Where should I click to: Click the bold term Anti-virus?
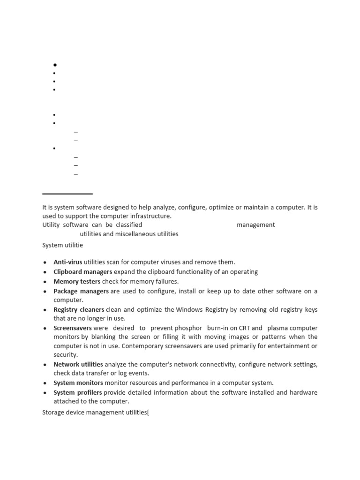tap(67, 262)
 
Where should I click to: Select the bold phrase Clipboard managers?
tap(82, 272)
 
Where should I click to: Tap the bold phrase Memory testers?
tap(76, 282)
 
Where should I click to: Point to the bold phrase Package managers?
tap(81, 291)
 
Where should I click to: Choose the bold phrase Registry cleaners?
tap(79, 310)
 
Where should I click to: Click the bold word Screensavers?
tap(73, 328)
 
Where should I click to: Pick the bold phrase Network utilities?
tap(78, 364)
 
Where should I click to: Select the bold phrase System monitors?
tap(78, 383)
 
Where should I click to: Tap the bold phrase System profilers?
tap(78, 392)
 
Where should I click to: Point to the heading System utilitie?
tap(63, 245)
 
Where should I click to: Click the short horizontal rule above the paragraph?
tap(67, 194)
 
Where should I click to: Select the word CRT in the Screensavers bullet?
tap(244, 328)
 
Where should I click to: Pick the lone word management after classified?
tap(255, 225)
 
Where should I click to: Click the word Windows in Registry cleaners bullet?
tap(189, 310)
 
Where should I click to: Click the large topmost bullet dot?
tap(55, 65)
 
